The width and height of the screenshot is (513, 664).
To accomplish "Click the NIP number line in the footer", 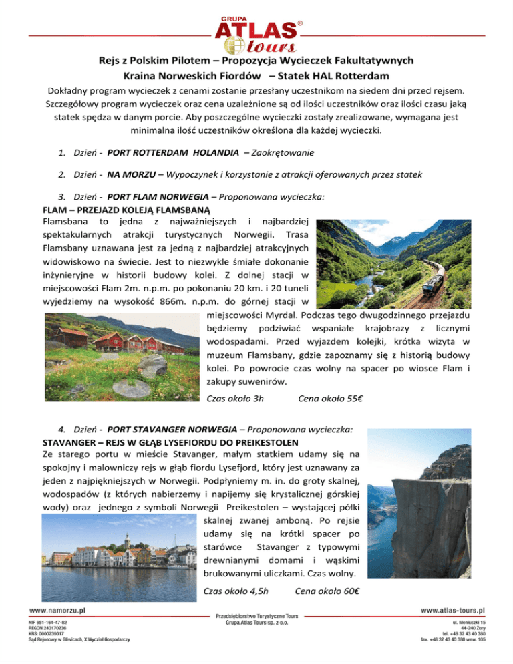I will point(47,622).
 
